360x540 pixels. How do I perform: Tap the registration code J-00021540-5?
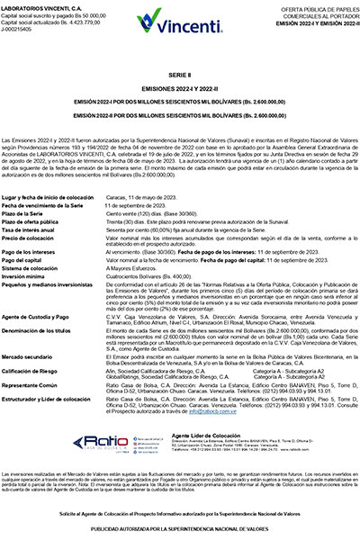pyautogui.click(x=22, y=28)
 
